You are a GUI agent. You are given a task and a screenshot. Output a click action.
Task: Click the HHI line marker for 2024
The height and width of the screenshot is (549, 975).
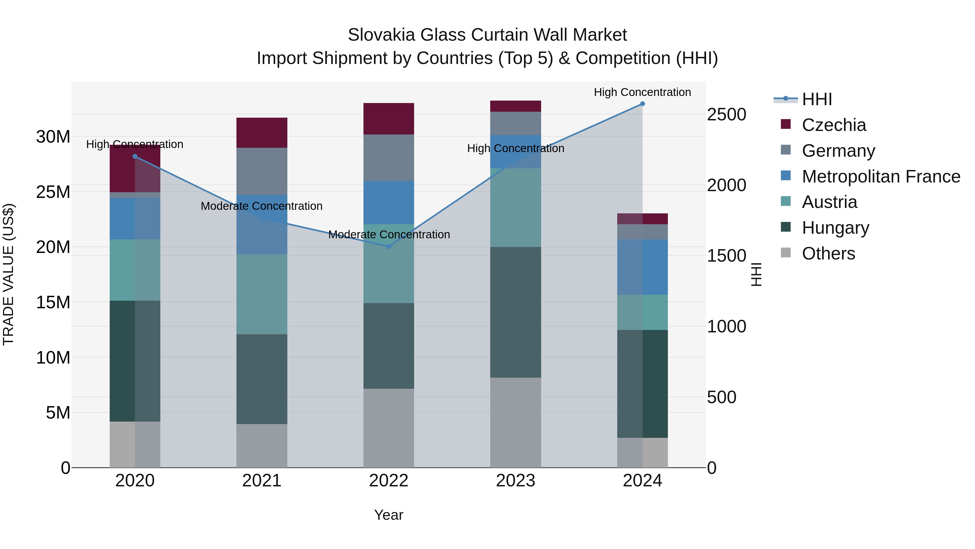click(642, 104)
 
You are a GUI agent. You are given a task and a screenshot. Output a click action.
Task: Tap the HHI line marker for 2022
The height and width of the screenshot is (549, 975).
click(388, 246)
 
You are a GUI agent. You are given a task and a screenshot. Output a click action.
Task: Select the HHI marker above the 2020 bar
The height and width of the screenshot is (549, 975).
click(135, 156)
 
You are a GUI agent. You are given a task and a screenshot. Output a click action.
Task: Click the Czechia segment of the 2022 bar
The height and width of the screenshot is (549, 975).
click(388, 118)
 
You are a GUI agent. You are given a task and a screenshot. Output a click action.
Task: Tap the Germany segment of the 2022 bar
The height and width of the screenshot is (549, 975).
click(388, 157)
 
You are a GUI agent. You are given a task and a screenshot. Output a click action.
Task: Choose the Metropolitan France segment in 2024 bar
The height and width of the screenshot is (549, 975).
click(642, 267)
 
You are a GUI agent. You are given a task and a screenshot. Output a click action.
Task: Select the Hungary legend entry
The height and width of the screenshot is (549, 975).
click(835, 228)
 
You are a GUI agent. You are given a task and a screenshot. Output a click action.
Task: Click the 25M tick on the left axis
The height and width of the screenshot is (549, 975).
click(53, 192)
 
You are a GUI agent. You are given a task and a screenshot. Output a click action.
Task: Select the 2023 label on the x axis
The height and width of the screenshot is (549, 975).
click(515, 481)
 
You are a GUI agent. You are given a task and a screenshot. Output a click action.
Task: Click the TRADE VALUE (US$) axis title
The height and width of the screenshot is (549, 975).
click(9, 274)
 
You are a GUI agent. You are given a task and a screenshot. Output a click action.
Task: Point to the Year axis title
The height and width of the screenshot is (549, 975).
click(388, 515)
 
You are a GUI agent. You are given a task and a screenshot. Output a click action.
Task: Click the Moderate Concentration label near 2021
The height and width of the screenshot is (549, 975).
click(262, 206)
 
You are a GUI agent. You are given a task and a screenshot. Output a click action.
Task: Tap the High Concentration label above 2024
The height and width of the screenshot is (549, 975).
click(642, 92)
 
